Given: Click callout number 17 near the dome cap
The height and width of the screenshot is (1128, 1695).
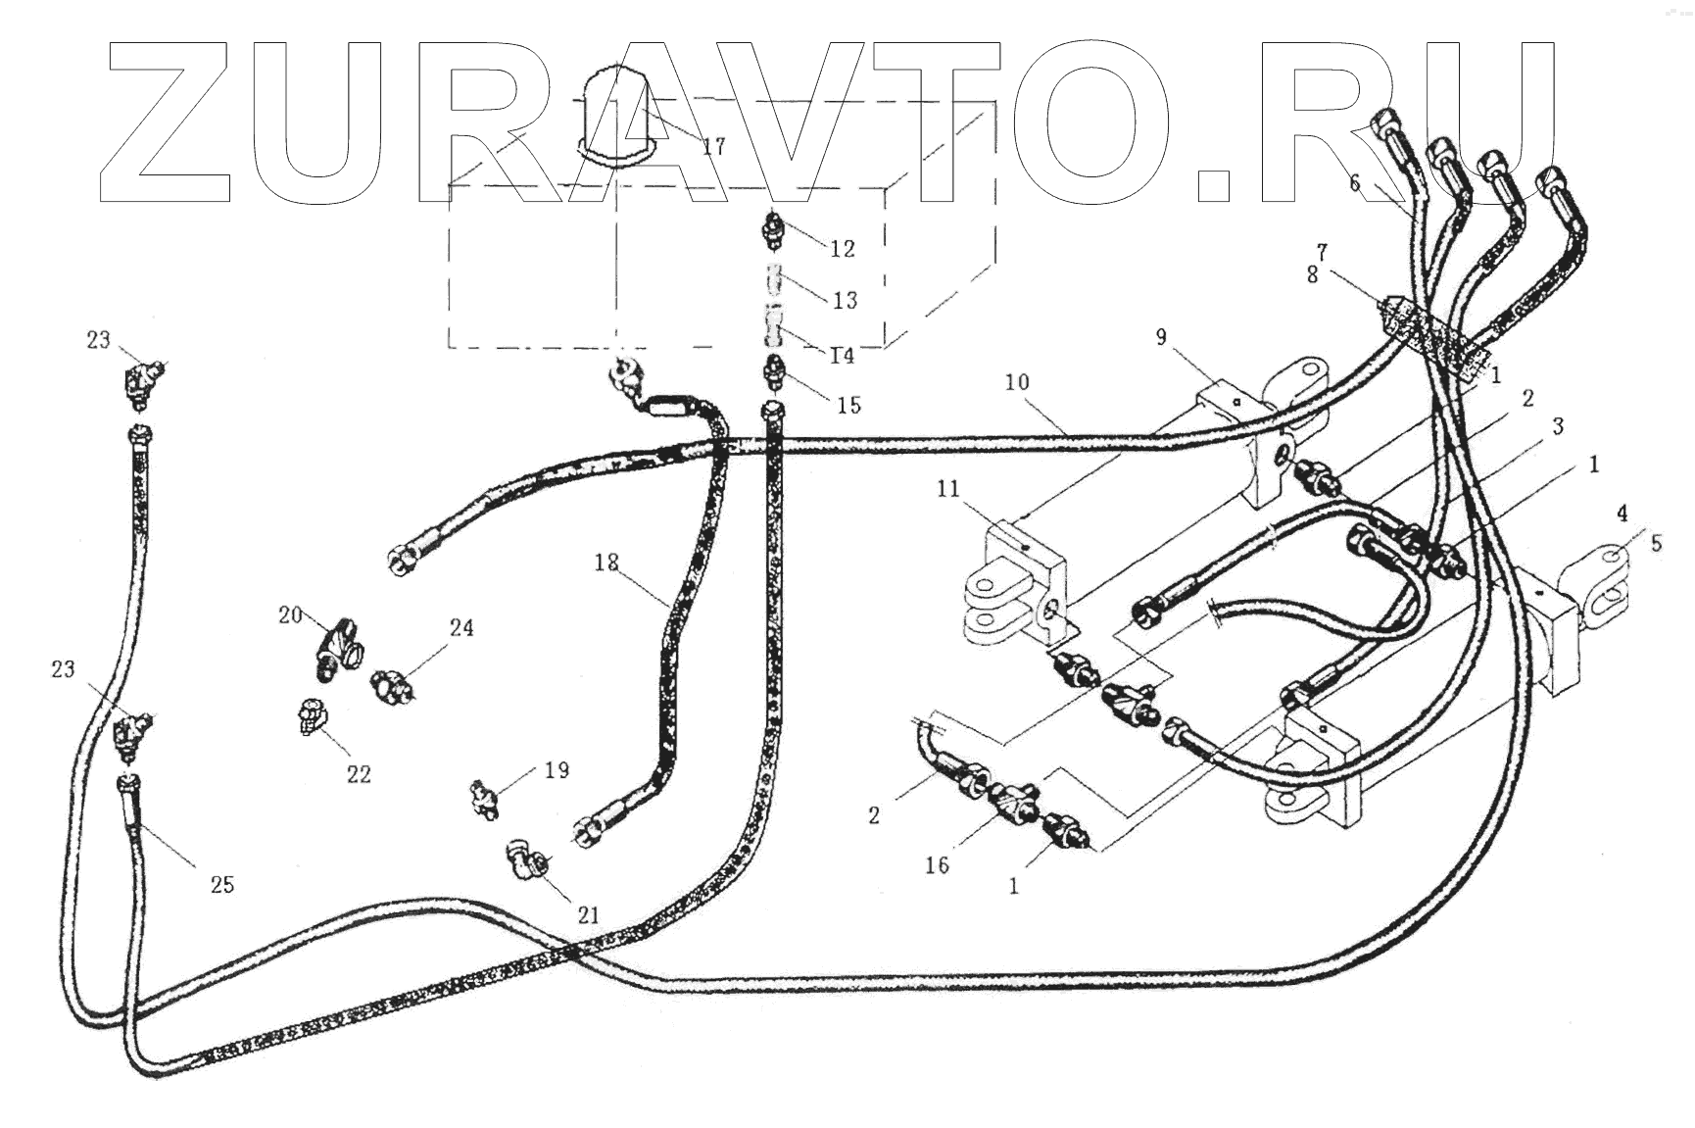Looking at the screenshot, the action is (x=713, y=147).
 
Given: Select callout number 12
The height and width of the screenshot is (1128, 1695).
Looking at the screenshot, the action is (x=842, y=249).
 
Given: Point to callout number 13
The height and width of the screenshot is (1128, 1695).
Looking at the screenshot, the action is (x=845, y=300).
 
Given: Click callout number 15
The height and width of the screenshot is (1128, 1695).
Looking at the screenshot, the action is (x=848, y=405).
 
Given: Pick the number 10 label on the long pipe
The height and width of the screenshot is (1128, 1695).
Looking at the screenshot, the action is (x=1017, y=381).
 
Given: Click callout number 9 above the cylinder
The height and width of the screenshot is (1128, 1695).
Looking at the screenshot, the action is (x=1161, y=337).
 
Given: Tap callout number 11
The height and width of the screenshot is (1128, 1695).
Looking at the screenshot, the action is (x=947, y=488).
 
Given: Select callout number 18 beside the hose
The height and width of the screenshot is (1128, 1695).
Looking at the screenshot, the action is (x=606, y=563).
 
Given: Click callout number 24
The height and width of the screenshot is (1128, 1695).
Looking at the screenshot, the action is (x=461, y=627).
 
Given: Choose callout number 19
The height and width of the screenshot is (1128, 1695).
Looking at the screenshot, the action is (x=557, y=770).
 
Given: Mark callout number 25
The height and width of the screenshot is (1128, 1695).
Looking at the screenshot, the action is (x=222, y=884).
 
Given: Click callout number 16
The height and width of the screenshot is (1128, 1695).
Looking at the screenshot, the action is (x=937, y=864).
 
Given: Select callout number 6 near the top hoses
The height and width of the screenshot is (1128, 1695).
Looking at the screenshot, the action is (x=1355, y=183).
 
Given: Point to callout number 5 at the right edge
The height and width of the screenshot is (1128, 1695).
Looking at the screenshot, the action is (x=1656, y=542).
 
